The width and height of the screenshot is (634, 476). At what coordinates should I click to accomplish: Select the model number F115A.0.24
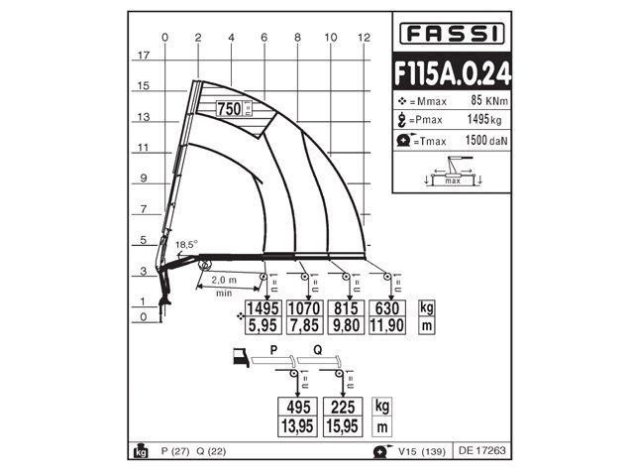pyautogui.click(x=450, y=74)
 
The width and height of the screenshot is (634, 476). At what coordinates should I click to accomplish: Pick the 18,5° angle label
pyautogui.click(x=186, y=243)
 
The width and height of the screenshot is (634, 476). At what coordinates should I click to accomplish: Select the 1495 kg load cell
pyautogui.click(x=264, y=306)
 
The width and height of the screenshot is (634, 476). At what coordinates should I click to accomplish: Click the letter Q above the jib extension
pyautogui.click(x=317, y=349)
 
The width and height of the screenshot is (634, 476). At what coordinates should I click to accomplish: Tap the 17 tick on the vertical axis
pyautogui.click(x=143, y=56)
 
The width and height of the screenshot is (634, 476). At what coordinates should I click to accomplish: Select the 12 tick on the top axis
pyautogui.click(x=364, y=37)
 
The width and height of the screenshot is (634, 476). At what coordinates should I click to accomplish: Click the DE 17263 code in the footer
pyautogui.click(x=481, y=451)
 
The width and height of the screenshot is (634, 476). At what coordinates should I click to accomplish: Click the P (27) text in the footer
pyautogui.click(x=172, y=451)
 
